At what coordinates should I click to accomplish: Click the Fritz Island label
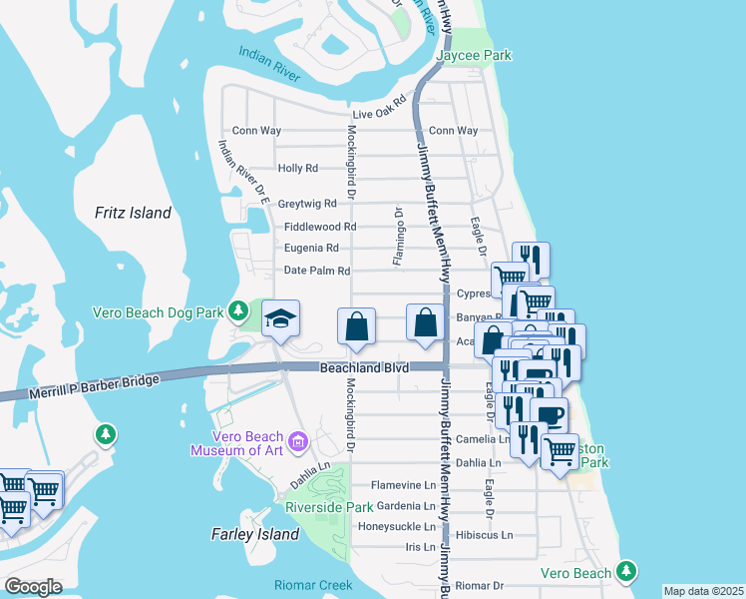(x=133, y=213)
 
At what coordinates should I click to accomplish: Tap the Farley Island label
(x=255, y=534)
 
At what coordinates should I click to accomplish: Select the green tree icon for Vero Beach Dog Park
(x=238, y=311)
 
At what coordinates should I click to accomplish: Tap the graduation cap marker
(x=281, y=320)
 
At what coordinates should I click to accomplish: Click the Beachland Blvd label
(x=365, y=368)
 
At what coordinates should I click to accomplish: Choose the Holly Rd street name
(x=298, y=169)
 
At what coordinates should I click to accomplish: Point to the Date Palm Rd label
(x=317, y=271)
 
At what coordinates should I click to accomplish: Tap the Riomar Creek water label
(x=314, y=585)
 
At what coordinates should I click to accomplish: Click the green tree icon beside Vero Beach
(x=625, y=571)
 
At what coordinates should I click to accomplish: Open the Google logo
(x=33, y=587)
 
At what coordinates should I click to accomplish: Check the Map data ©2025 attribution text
(x=702, y=591)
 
